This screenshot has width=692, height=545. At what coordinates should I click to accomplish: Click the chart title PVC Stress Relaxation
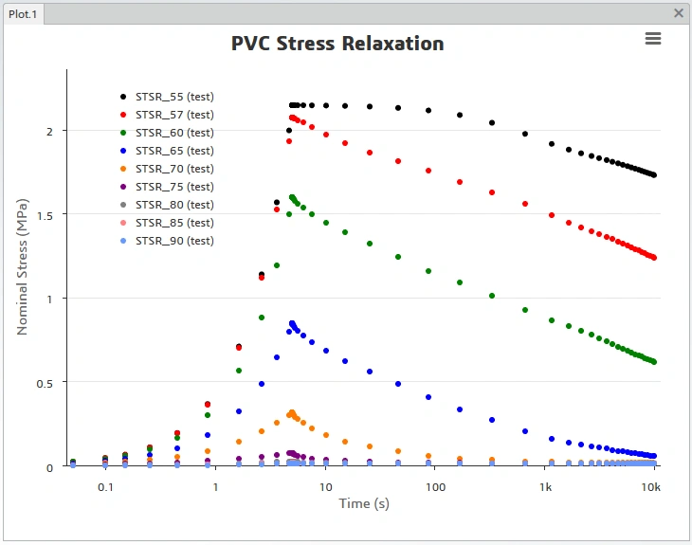[x=337, y=44]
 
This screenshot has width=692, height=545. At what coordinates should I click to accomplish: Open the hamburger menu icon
[x=652, y=38]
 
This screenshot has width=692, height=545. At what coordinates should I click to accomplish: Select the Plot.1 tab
[x=22, y=14]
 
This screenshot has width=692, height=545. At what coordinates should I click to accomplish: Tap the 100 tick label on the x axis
[x=435, y=487]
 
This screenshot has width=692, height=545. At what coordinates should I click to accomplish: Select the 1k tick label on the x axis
[x=546, y=487]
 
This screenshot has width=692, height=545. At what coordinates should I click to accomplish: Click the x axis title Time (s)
[x=364, y=503]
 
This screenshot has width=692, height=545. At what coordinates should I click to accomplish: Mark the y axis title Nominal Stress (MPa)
[x=23, y=266]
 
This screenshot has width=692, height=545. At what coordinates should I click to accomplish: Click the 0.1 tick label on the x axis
[x=104, y=487]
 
